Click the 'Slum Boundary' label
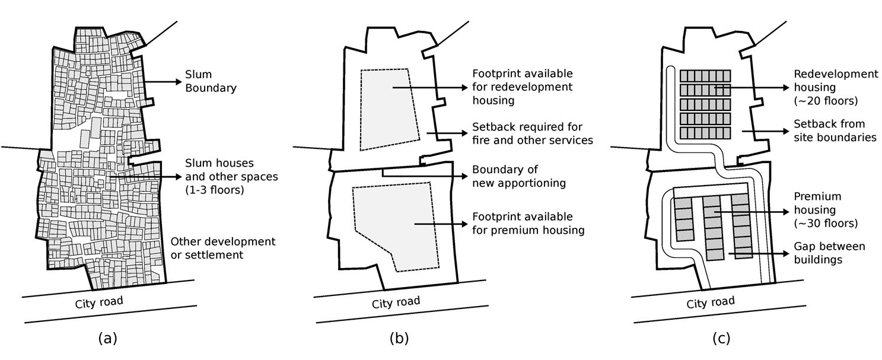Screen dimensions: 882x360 pos(211,81)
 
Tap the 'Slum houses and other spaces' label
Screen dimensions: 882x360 pos(231,177)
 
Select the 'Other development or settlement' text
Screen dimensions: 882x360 pos(223,248)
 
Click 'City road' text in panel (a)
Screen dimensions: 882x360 pos(99,302)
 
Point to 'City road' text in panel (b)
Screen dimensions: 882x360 pos(396,302)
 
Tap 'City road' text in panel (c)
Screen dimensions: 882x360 pos(711,302)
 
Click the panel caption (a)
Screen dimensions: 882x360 pos(107,338)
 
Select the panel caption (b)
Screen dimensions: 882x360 pos(399,338)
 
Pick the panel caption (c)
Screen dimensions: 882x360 pos(721,338)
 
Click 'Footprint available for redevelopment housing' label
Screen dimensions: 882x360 pos(523,87)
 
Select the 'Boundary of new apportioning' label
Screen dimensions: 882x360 pos(519,176)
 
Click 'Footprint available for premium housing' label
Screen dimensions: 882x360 pos(528,224)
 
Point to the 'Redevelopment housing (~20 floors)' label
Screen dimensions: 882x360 pos(836,87)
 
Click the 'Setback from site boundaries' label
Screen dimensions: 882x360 pos(835,130)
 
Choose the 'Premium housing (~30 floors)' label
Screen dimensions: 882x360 pos(826,210)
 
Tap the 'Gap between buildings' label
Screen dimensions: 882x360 pos(829,253)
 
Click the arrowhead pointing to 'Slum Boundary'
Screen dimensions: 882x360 pos(179,81)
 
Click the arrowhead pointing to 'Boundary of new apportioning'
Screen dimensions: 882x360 pos(464,176)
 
